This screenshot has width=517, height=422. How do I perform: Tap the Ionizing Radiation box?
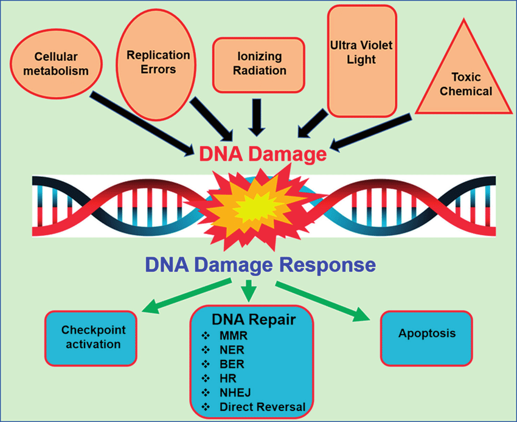click(258, 64)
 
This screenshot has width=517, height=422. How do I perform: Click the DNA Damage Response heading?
click(259, 265)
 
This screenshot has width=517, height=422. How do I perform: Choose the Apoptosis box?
click(427, 334)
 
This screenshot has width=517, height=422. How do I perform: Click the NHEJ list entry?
click(232, 392)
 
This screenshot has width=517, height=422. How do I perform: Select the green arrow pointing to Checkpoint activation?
click(186, 297)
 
